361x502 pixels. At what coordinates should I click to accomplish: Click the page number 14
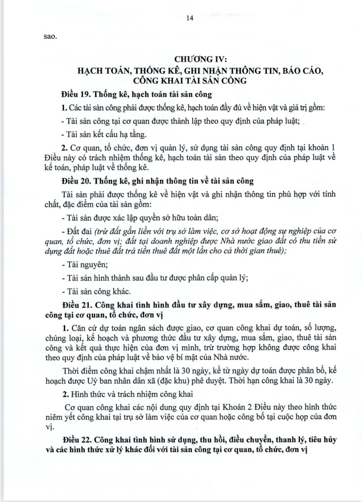(190, 18)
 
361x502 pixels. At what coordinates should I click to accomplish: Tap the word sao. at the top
(50, 37)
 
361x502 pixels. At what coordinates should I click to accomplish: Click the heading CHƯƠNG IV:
(201, 59)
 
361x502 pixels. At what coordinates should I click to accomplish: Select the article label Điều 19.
(75, 94)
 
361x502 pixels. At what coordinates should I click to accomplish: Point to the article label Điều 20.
(75, 181)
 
